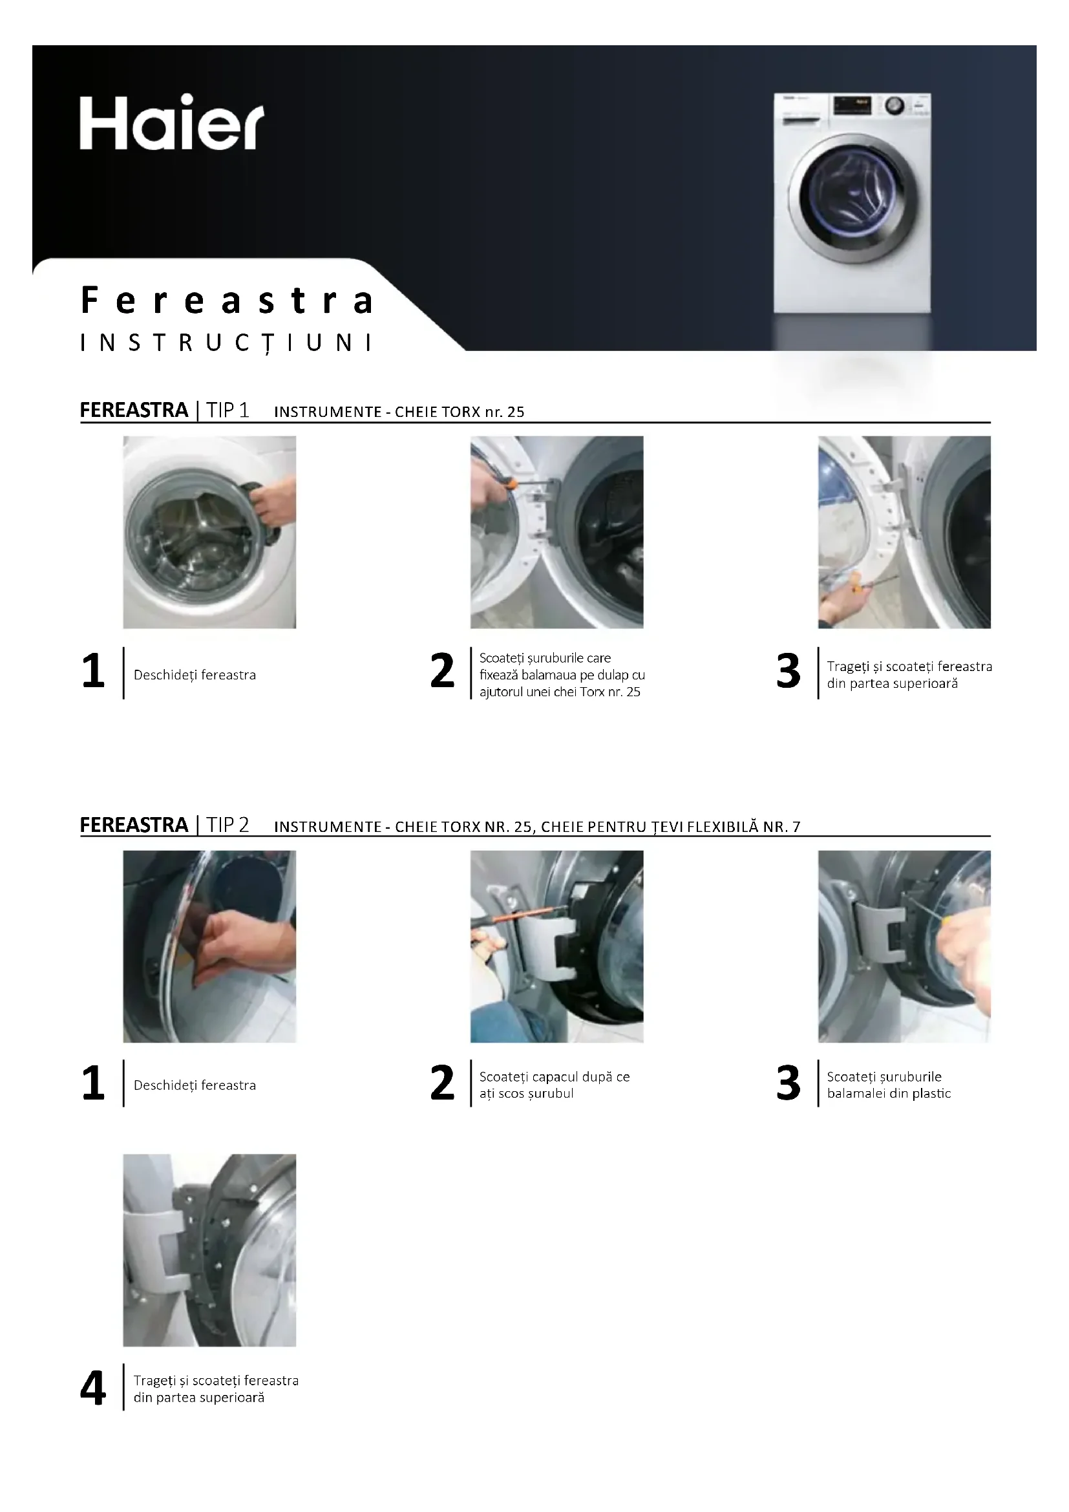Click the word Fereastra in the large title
click(227, 301)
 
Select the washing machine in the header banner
click(852, 203)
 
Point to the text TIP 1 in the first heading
click(228, 410)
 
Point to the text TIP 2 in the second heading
click(228, 824)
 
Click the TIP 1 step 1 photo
click(209, 532)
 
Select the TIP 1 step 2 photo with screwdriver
click(557, 532)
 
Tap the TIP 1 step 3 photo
click(904, 532)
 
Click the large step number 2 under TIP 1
click(442, 671)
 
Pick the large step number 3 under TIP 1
click(789, 671)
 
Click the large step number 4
click(93, 1389)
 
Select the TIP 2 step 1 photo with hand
click(209, 946)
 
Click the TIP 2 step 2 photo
click(557, 946)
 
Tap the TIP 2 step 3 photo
click(904, 946)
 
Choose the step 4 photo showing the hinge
click(209, 1250)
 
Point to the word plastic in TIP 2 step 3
click(931, 1094)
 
